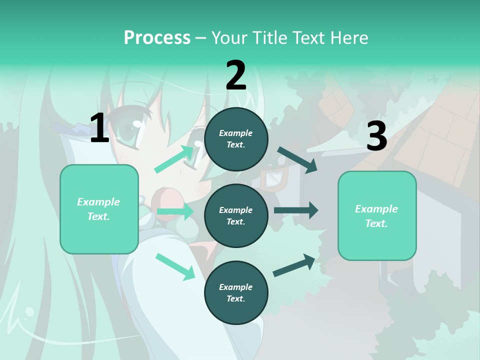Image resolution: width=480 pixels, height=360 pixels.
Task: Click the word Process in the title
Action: [x=157, y=37]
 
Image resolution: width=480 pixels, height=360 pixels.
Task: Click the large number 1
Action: [x=99, y=128]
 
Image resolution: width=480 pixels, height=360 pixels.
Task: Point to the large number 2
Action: [x=236, y=75]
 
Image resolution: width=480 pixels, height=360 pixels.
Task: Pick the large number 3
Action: [x=376, y=136]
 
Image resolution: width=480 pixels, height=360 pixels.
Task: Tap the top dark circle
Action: [x=236, y=139]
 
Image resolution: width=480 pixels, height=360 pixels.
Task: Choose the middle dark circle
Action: [x=236, y=216]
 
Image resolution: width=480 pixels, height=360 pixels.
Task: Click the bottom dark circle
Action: [x=236, y=293]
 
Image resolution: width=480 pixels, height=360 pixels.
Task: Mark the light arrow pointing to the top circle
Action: [x=174, y=159]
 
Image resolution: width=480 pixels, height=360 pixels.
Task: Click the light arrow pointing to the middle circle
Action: [x=175, y=212]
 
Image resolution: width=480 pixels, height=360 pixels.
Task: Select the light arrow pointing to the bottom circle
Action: [x=175, y=266]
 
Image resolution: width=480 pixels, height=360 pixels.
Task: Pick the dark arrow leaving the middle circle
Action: [x=295, y=210]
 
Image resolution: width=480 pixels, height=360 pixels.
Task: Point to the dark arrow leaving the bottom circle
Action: [x=294, y=265]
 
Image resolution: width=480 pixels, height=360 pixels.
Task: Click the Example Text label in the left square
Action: [x=99, y=209]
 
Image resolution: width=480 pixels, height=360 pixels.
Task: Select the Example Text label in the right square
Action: [x=376, y=216]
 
